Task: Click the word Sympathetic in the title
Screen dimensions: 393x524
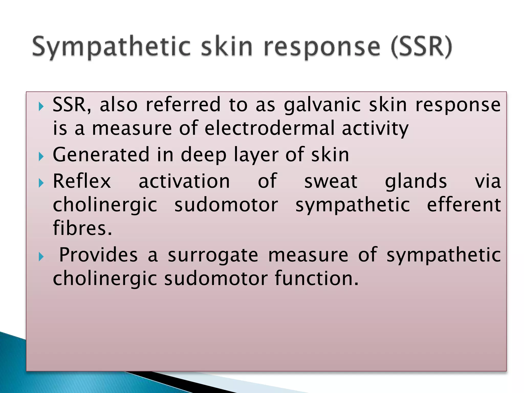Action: pos(111,47)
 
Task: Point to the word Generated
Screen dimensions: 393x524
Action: pos(101,155)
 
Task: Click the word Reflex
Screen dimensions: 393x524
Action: pos(82,181)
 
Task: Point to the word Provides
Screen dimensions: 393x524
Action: pos(99,255)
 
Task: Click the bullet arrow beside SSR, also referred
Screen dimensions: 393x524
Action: pos(41,106)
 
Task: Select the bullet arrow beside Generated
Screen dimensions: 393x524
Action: pos(41,156)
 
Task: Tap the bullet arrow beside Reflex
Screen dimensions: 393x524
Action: pos(41,183)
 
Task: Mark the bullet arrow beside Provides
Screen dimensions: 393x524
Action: pos(41,257)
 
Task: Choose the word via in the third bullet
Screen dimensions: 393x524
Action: pos(487,181)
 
